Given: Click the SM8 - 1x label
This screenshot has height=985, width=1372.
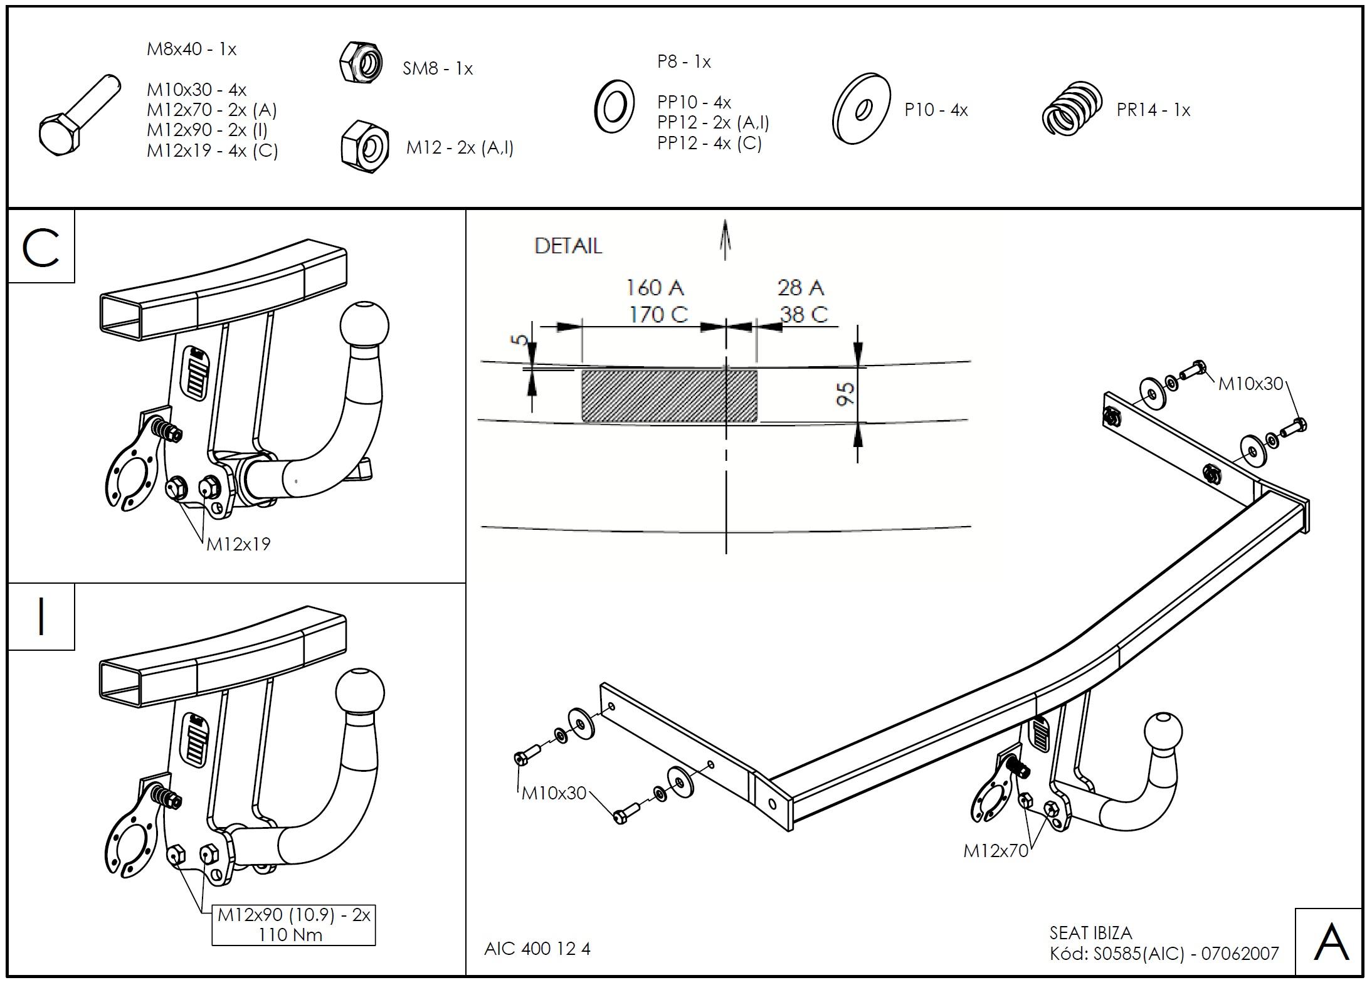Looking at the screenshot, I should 437,68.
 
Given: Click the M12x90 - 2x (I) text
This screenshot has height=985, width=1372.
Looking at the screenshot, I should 207,130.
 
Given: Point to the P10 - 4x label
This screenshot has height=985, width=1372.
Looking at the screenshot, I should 936,110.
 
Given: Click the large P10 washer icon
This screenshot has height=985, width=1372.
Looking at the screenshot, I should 861,109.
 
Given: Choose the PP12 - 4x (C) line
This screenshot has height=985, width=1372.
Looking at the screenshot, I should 709,143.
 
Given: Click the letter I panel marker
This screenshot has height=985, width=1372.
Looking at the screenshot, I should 41,617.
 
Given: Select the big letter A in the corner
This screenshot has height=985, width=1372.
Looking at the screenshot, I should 1330,942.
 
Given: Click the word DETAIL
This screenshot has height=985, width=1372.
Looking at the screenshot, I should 568,246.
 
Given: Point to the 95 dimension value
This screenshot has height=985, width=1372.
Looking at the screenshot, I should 845,394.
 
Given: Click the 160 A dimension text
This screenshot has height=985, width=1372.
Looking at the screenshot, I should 655,288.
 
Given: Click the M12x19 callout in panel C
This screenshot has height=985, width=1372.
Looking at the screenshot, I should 238,544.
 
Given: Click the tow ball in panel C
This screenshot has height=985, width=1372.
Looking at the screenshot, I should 364,325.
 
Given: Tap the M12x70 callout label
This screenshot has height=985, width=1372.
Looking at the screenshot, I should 996,851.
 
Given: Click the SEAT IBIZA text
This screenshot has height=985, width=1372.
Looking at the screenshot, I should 1090,933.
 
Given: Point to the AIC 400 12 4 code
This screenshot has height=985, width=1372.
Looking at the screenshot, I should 537,949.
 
